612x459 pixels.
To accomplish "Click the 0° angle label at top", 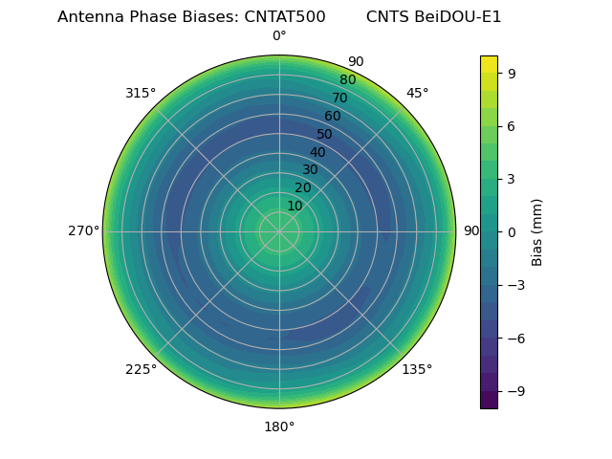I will (279, 36).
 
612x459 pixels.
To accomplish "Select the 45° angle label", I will (417, 93).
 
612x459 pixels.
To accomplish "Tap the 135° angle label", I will (417, 369).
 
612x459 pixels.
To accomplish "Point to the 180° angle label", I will (279, 426).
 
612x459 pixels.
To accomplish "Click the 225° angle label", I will (141, 369).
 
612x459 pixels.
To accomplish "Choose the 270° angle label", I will (83, 231).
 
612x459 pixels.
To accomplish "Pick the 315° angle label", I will (141, 93).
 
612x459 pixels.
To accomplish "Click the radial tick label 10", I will (295, 206).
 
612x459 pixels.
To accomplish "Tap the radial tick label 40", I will (317, 152).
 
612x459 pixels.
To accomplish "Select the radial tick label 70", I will (340, 98).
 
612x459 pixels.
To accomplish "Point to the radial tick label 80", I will (348, 80).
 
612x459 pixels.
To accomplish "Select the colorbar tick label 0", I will (512, 231).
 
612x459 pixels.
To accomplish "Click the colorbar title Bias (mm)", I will (537, 231).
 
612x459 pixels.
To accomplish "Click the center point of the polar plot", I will (279, 231).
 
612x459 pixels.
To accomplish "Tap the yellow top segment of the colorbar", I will (489, 64).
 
